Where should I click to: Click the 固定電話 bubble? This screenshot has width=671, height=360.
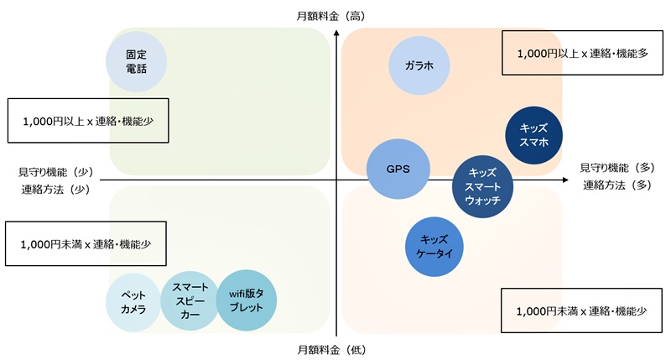[136, 61]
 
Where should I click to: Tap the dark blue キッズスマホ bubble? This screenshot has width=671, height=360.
[534, 135]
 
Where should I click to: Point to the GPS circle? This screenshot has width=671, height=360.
[398, 169]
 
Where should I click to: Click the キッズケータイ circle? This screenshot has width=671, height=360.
[435, 246]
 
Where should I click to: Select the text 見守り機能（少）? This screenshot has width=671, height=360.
[55, 171]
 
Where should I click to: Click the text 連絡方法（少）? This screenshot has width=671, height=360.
[55, 189]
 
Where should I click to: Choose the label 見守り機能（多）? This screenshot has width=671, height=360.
[616, 168]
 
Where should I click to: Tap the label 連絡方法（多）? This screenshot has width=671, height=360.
[616, 185]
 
